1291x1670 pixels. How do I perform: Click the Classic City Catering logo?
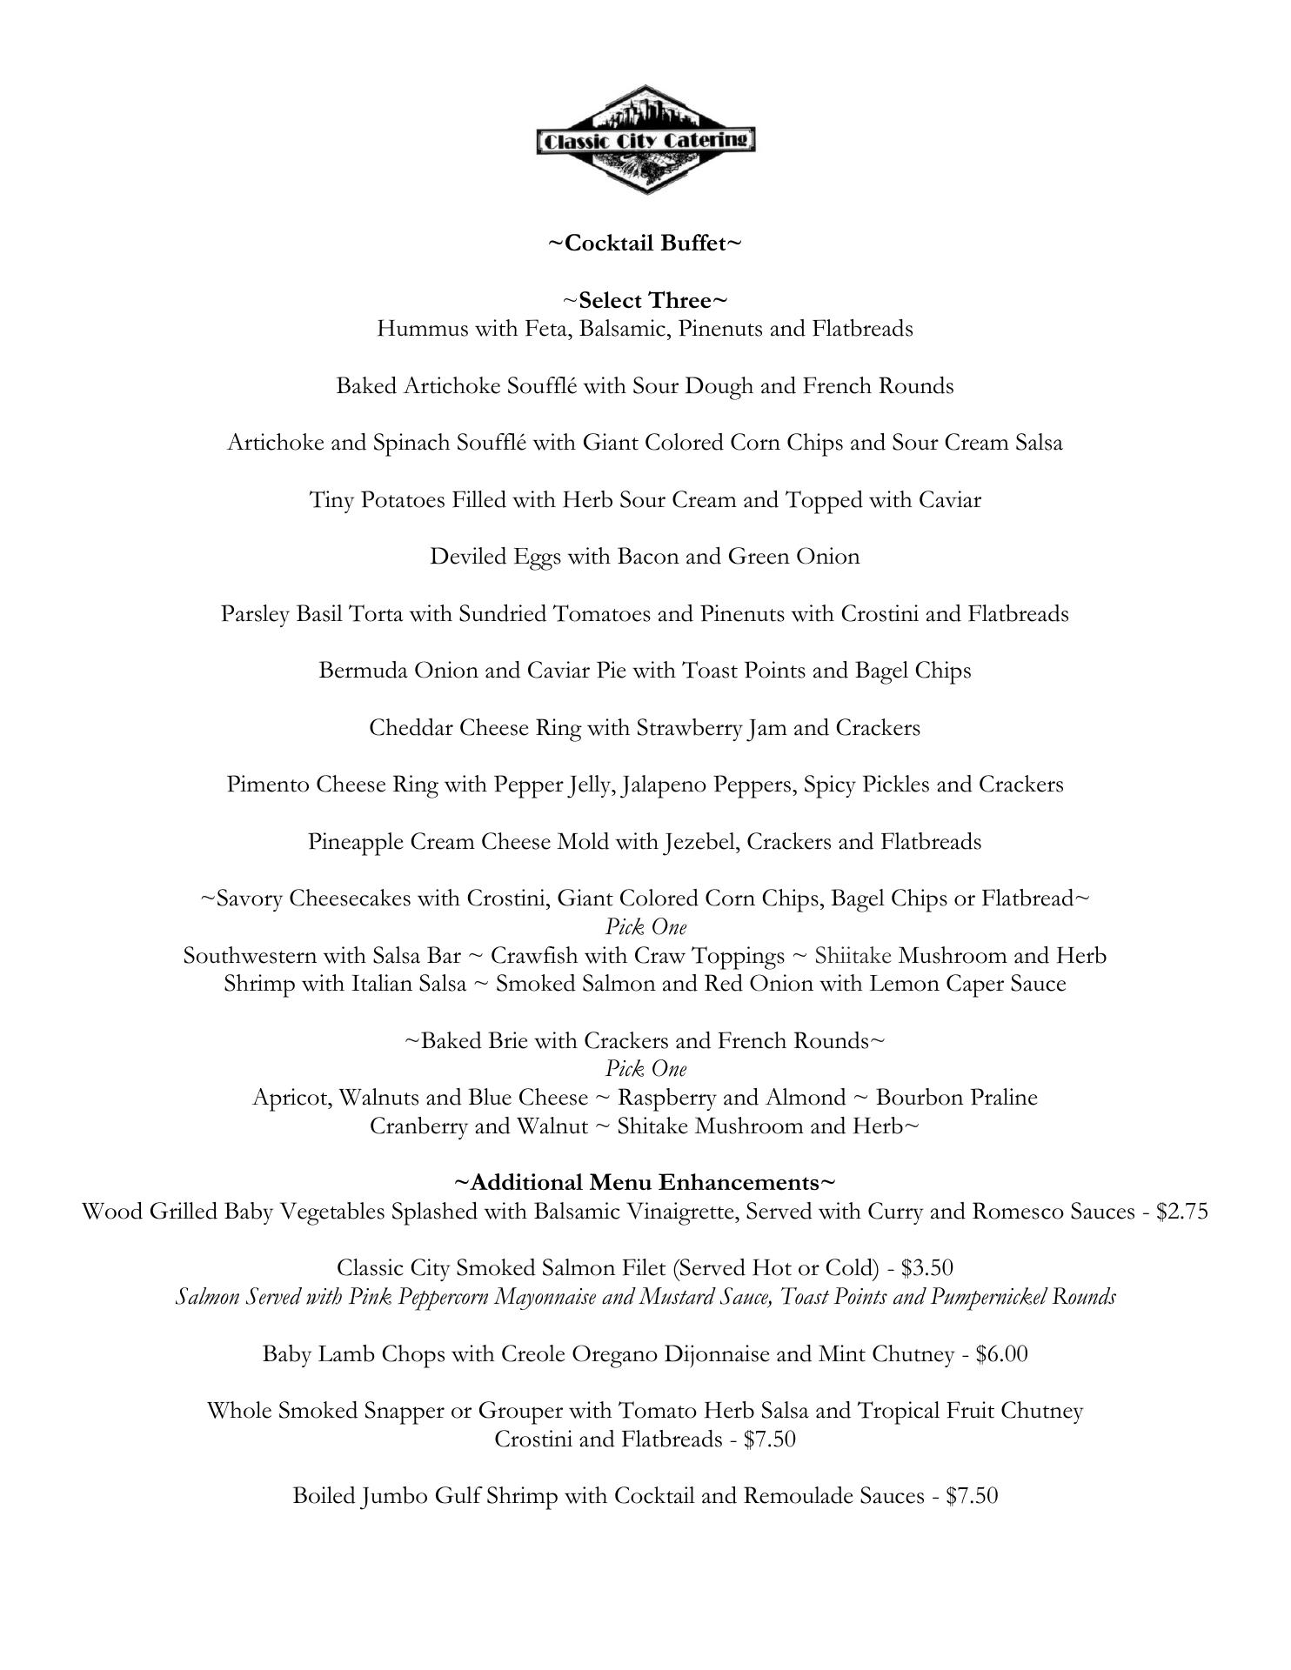point(645,139)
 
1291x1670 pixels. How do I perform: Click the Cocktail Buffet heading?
point(645,244)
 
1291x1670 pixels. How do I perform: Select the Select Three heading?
point(645,301)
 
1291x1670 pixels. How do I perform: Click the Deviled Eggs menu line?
point(645,557)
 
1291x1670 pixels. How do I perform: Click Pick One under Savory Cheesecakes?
point(645,927)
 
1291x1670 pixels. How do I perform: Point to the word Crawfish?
point(533,956)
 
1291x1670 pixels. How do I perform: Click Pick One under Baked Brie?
point(645,1069)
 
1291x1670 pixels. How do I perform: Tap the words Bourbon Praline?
point(956,1098)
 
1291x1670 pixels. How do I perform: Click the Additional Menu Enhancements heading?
point(645,1183)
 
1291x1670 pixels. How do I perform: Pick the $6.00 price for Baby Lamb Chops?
point(1001,1354)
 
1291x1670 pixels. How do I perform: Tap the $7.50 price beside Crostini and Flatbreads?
point(770,1440)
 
